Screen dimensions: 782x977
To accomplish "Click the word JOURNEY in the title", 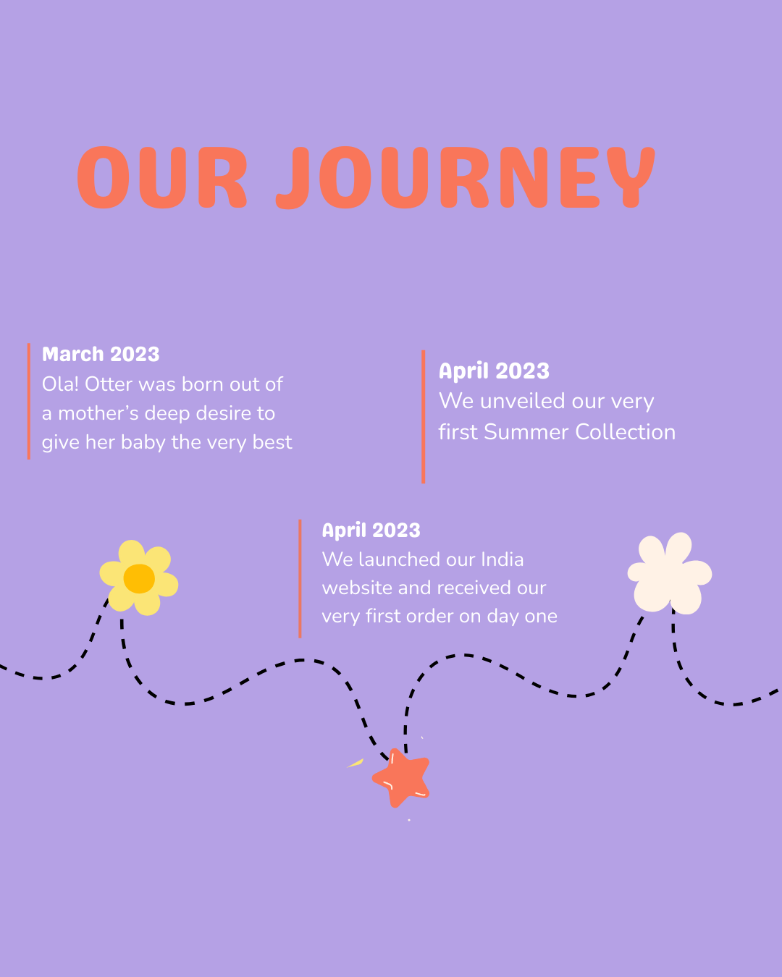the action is click(x=466, y=177).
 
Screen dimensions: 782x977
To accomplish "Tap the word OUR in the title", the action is click(x=162, y=177).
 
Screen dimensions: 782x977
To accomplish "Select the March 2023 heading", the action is click(x=101, y=354).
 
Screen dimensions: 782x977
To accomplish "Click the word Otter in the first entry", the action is click(x=109, y=384).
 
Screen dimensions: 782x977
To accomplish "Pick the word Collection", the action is click(x=625, y=432).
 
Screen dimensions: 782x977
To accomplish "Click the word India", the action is click(x=502, y=559).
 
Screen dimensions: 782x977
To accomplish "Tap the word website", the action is click(x=357, y=588).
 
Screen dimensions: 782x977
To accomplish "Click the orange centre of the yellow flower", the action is click(x=139, y=578).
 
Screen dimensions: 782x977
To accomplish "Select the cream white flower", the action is click(x=669, y=573).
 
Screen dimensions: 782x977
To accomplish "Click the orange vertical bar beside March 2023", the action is click(x=29, y=402).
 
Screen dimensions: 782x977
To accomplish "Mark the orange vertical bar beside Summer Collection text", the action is click(x=423, y=417).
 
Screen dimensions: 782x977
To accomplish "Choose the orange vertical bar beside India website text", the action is click(x=300, y=579).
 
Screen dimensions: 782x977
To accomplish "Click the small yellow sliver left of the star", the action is click(x=356, y=764).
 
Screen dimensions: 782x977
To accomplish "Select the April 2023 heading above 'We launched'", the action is click(x=371, y=530).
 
